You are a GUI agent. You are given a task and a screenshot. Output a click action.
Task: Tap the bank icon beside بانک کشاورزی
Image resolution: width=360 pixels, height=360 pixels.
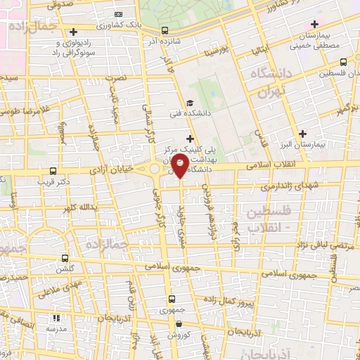[x=117, y=14]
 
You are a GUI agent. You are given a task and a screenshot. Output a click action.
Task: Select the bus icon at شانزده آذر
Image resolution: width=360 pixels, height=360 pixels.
[x=165, y=30]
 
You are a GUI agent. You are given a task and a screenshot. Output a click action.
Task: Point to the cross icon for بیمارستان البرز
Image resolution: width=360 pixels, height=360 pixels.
[x=302, y=134]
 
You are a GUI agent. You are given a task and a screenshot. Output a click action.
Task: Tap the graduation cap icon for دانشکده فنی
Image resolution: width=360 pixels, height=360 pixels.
[x=190, y=103]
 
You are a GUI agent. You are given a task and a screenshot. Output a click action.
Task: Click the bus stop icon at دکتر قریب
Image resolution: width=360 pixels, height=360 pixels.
[x=53, y=171]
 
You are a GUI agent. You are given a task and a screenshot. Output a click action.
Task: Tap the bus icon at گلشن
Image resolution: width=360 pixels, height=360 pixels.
[x=65, y=259]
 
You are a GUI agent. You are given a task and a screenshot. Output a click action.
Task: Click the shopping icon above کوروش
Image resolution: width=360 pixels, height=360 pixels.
[x=180, y=325]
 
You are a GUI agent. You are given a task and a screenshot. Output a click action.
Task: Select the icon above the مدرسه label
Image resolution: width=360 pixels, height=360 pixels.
[x=58, y=318]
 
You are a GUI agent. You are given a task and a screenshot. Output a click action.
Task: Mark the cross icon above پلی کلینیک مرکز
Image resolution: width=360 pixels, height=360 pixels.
[x=190, y=140]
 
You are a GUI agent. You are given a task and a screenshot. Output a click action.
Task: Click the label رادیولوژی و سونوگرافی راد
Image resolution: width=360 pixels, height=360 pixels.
[x=73, y=48]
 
